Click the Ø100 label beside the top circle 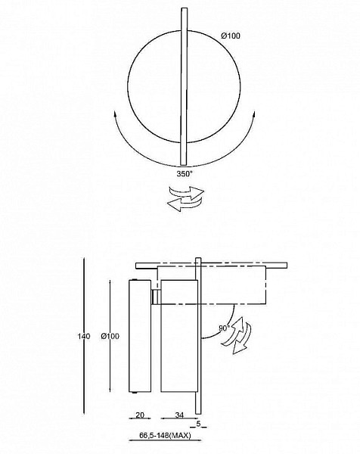click(231, 36)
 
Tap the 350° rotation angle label click(185, 174)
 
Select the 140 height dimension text click(84, 336)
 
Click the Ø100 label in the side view click(110, 336)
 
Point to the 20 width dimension click(140, 415)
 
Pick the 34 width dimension click(179, 415)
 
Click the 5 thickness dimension click(198, 424)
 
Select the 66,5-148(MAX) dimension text click(165, 435)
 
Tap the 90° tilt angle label click(225, 328)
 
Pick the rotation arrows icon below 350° click(185, 198)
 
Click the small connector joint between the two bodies click(157, 297)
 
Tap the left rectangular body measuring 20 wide click(140, 336)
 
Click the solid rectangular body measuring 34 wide click(179, 336)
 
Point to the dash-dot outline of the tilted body click(265, 285)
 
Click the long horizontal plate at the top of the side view click(211, 266)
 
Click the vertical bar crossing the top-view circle click(184, 87)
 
